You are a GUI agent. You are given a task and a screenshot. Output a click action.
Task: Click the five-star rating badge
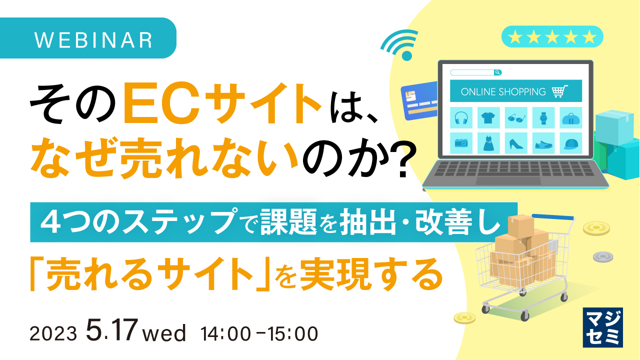552,36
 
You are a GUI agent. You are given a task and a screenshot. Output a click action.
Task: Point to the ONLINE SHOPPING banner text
503,91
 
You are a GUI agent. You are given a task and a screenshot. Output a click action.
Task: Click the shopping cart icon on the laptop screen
560,91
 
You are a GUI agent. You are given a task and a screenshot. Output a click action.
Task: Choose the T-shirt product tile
488,118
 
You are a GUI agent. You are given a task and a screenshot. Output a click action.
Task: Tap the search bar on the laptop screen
475,72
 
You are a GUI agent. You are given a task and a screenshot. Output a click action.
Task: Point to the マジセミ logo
602,327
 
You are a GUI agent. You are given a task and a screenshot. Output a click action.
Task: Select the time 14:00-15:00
259,333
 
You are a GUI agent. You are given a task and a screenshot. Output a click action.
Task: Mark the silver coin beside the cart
603,257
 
